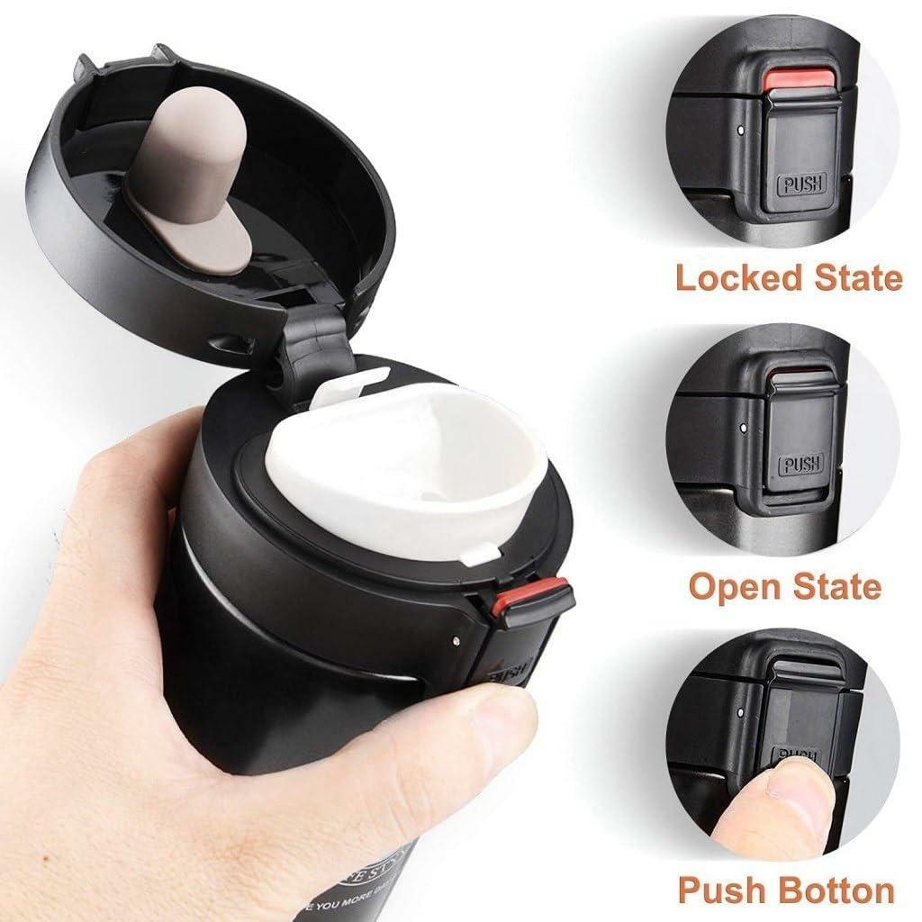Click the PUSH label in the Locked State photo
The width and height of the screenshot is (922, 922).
[795, 187]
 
